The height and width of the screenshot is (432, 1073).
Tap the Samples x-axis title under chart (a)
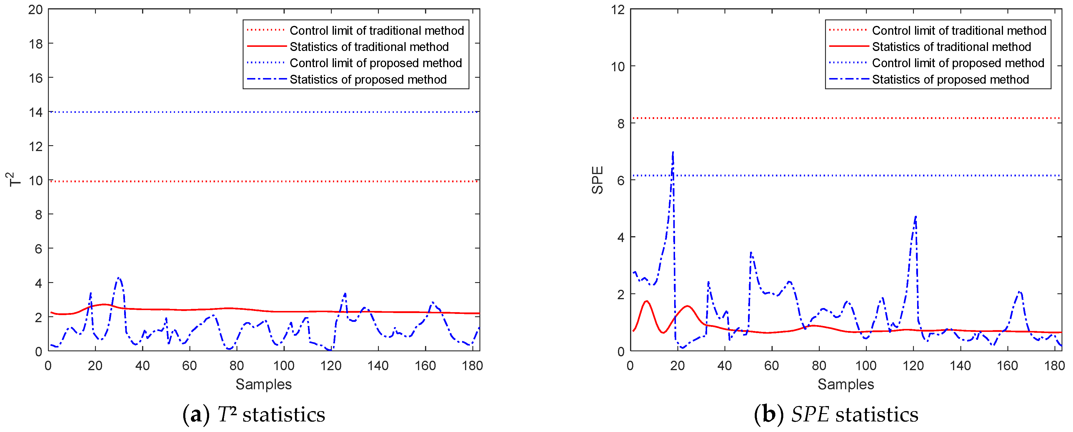coord(264,384)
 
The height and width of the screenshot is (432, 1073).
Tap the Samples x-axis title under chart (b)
coord(846,384)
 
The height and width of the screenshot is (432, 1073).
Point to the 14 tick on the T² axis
coord(35,112)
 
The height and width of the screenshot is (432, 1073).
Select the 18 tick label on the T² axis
coord(35,43)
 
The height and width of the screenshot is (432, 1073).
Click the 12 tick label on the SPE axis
coord(618,9)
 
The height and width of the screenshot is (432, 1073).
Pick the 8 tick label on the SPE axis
coord(621,123)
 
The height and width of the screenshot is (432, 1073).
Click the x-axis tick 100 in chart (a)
coord(284,366)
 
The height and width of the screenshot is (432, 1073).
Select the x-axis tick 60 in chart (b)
coord(772,366)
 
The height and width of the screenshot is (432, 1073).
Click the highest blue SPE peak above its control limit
coord(673,153)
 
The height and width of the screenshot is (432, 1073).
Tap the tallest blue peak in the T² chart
coord(119,278)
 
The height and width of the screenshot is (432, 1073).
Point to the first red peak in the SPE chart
coord(647,301)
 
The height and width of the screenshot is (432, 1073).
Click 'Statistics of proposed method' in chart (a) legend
coord(368,79)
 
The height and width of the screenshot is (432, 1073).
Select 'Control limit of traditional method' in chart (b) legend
coord(959,30)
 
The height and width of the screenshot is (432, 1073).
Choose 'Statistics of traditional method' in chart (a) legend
coord(369,47)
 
